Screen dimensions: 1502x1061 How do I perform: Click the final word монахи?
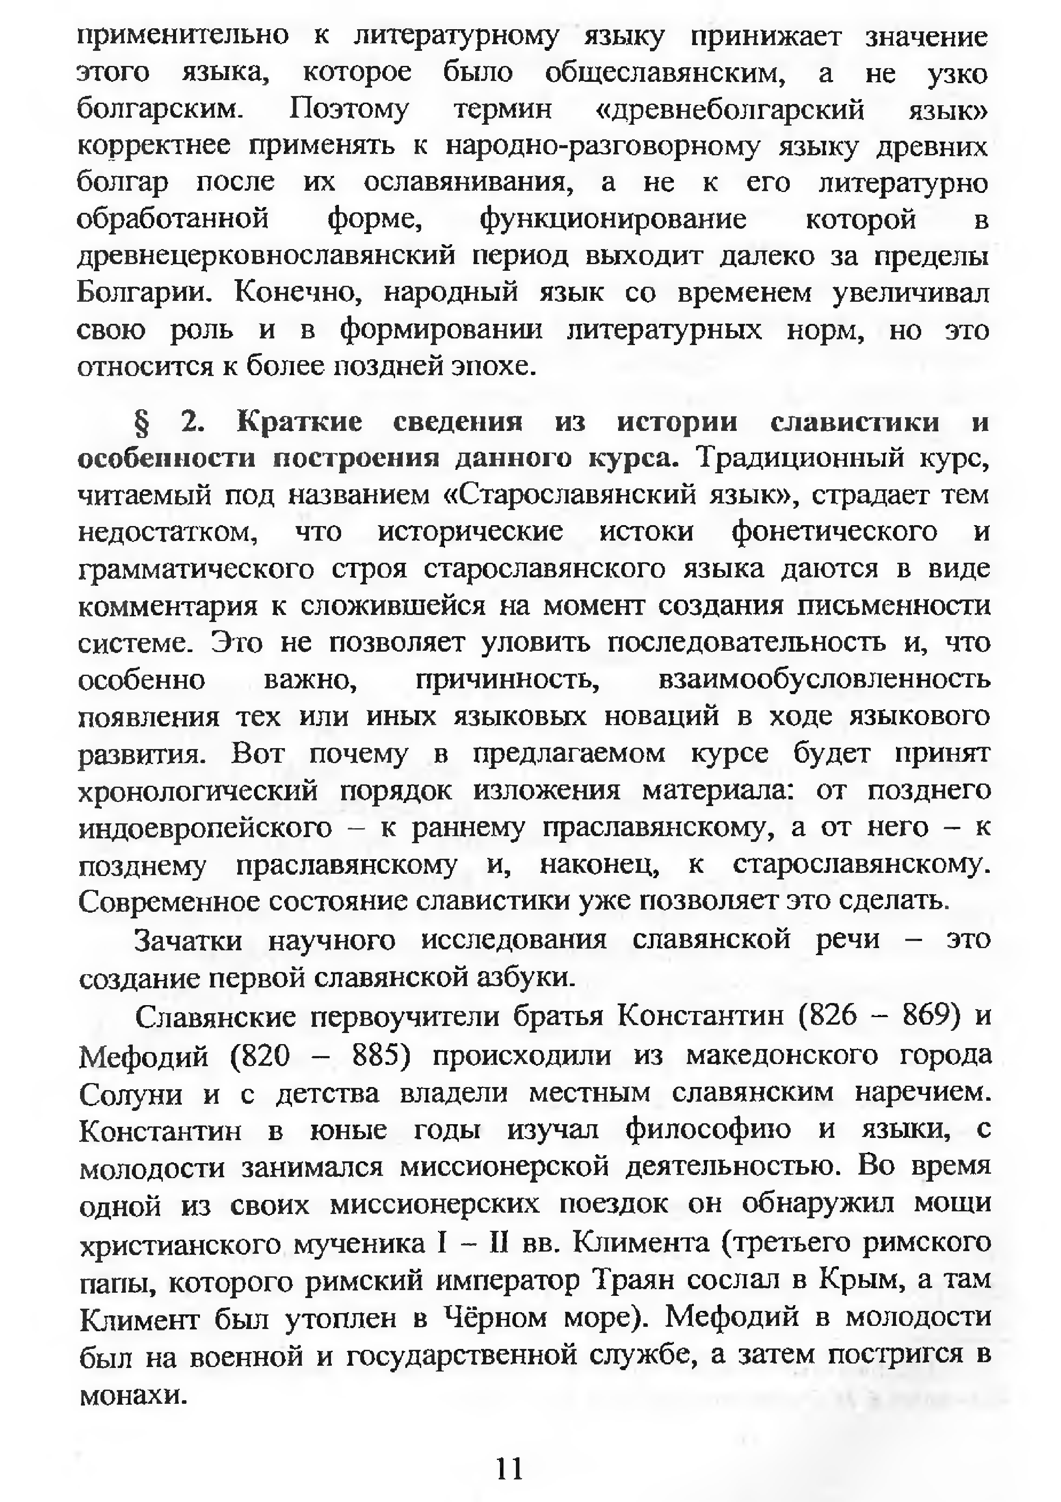pyautogui.click(x=134, y=1394)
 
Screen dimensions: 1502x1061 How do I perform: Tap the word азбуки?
pyautogui.click(x=525, y=977)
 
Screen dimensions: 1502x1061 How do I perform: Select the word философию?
pyautogui.click(x=708, y=1132)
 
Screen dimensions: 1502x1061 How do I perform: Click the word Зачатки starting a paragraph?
pyautogui.click(x=188, y=941)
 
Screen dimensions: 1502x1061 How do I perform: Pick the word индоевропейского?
pyautogui.click(x=205, y=828)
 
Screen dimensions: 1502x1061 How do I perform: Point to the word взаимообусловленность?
pyautogui.click(x=824, y=680)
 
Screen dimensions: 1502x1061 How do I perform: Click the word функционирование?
pyautogui.click(x=613, y=219)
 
